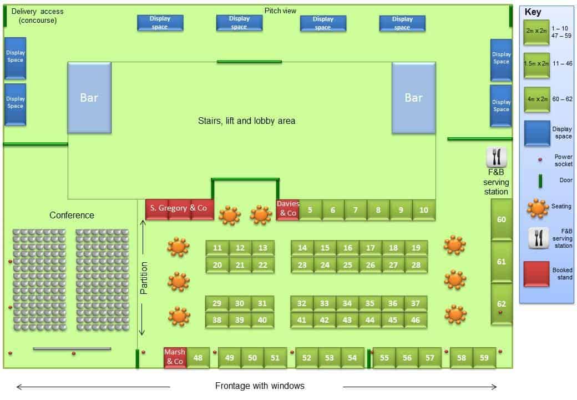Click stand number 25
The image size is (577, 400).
click(347, 265)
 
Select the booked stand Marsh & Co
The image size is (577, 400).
click(175, 357)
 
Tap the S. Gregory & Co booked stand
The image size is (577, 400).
click(180, 209)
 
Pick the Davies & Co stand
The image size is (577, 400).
click(288, 210)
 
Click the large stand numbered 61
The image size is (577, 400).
click(501, 262)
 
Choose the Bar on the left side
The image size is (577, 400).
click(89, 98)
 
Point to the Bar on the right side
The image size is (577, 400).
click(414, 98)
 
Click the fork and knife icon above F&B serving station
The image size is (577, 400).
click(497, 157)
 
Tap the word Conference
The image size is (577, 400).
click(72, 215)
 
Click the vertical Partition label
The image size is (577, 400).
click(144, 278)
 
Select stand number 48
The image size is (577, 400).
click(198, 358)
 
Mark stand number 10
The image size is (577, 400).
click(423, 210)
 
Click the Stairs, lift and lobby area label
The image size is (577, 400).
click(246, 121)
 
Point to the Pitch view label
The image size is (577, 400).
click(280, 11)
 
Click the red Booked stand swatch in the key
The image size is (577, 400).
click(536, 274)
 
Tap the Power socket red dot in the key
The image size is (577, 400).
click(540, 159)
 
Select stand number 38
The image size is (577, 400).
click(217, 320)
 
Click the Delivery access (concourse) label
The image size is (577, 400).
click(38, 16)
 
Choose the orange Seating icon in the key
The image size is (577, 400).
click(538, 209)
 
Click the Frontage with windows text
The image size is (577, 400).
click(260, 386)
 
